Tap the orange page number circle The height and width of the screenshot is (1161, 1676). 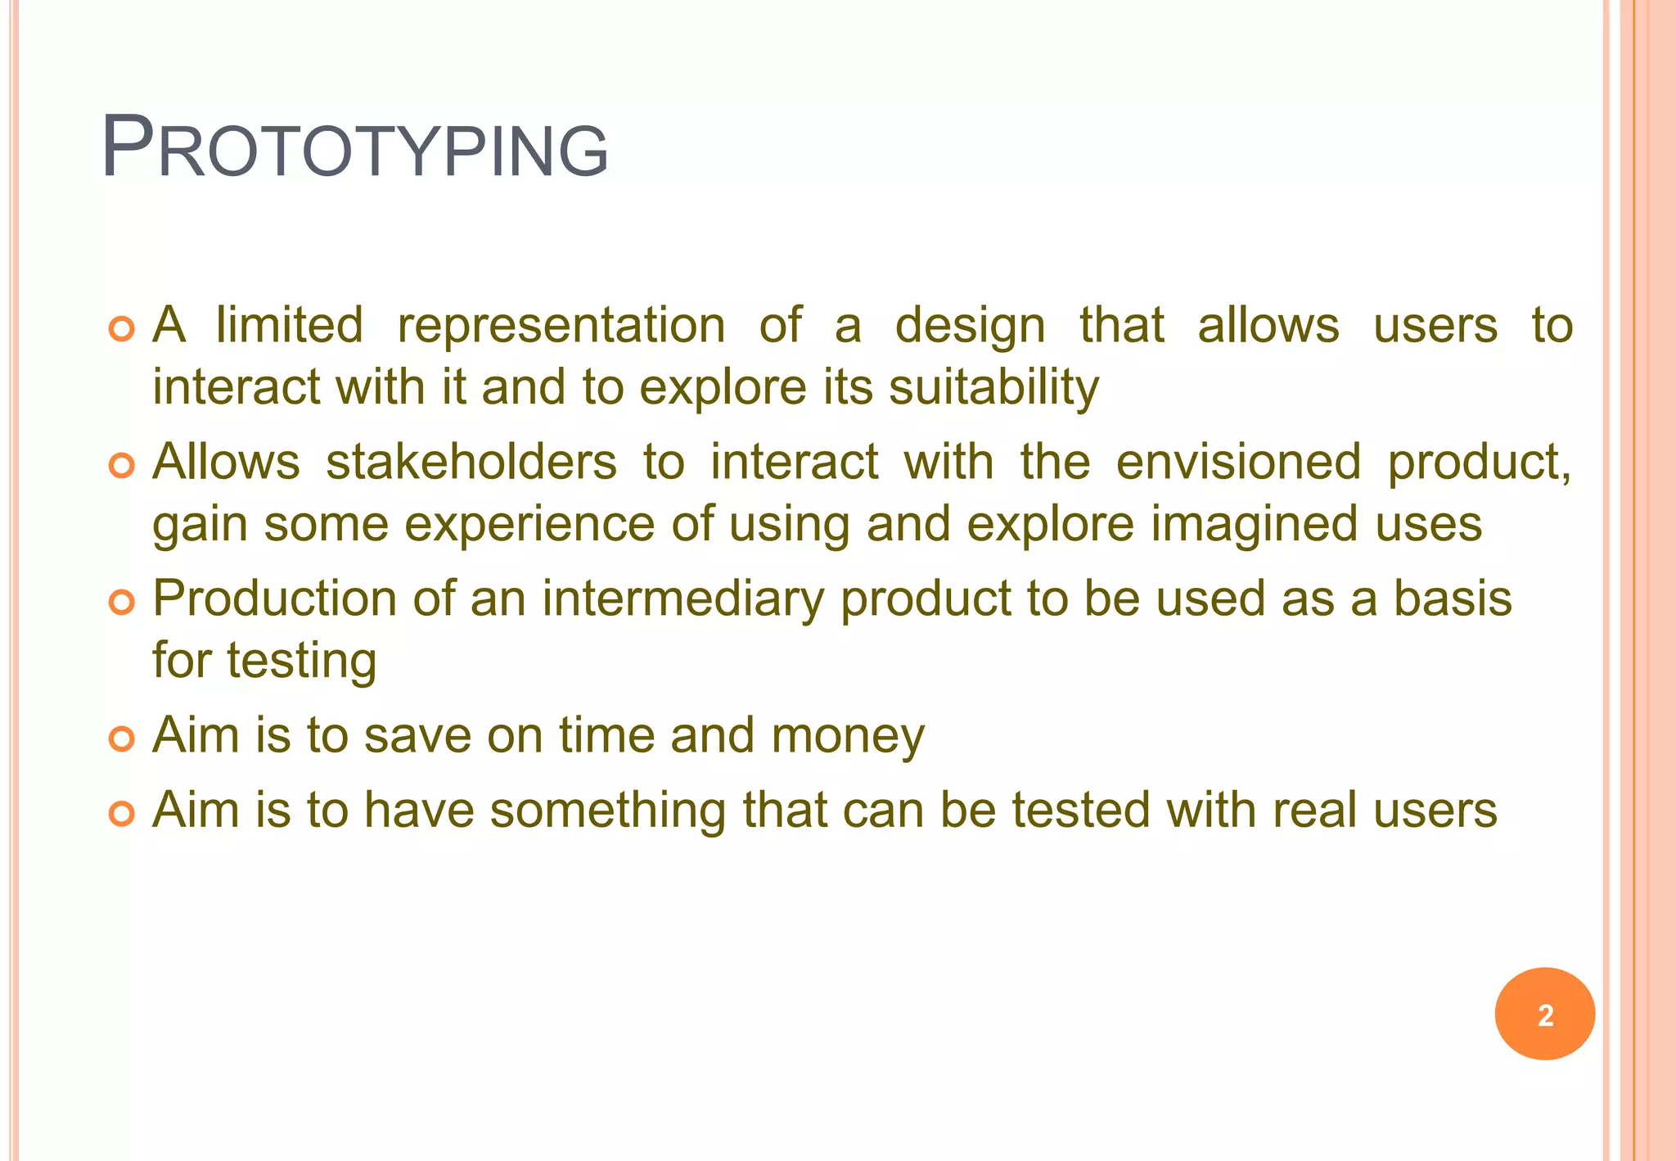click(x=1544, y=1014)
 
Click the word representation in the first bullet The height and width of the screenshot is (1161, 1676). click(x=561, y=326)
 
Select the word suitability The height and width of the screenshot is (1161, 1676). click(x=993, y=387)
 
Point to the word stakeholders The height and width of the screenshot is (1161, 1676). click(x=471, y=462)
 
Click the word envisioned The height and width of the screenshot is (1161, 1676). click(x=1238, y=462)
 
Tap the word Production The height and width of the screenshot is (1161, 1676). click(x=274, y=599)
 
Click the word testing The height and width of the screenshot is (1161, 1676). click(x=301, y=661)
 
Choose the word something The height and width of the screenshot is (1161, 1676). click(x=607, y=811)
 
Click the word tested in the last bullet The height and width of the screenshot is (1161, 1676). click(x=1081, y=811)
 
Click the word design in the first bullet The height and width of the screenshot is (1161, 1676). click(x=970, y=326)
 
